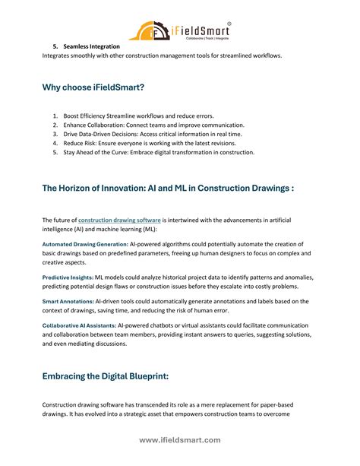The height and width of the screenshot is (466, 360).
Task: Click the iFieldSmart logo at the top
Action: (180, 30)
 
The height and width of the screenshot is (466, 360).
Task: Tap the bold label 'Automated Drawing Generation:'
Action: (84, 244)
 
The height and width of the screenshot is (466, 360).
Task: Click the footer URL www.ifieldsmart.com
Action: (180, 439)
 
